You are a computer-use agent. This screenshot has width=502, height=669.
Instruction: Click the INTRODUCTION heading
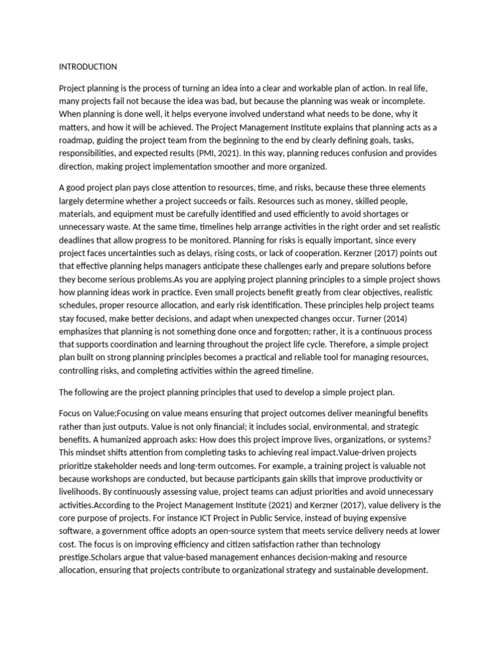tap(88, 67)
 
